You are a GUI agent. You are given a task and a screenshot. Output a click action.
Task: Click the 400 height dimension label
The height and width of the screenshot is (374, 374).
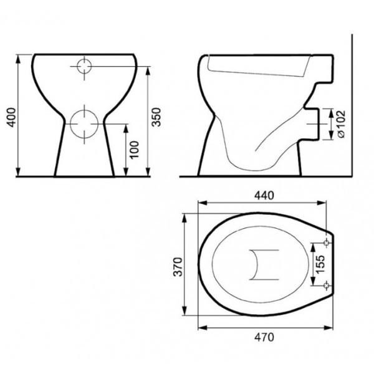[11, 117]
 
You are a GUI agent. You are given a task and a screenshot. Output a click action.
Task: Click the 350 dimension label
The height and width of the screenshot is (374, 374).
[156, 117]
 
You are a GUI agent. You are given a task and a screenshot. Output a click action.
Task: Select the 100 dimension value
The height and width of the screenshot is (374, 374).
[134, 150]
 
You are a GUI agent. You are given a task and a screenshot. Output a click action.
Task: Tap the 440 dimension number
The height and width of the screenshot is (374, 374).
[264, 196]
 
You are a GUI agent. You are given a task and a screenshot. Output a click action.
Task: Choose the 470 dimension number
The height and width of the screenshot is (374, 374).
[264, 337]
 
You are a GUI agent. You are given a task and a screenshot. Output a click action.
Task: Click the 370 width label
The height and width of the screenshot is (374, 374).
[178, 267]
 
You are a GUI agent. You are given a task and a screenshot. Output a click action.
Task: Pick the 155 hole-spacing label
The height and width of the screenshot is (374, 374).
[320, 264]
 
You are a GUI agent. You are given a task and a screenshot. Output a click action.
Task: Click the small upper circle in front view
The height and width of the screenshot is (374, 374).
[84, 59]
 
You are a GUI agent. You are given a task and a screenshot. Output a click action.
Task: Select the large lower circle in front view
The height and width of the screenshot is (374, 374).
[84, 110]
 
